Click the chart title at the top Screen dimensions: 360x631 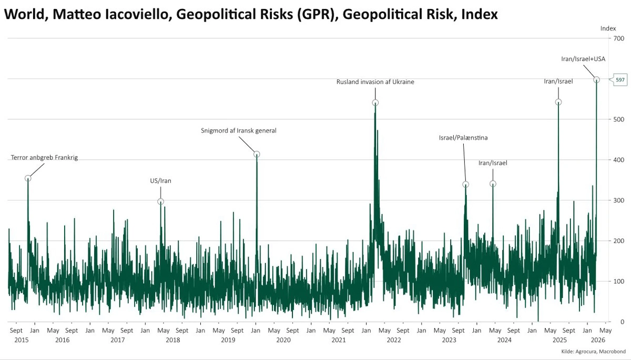[x=250, y=15]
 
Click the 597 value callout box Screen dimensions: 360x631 [x=620, y=79]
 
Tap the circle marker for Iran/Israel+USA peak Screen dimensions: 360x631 [x=597, y=80]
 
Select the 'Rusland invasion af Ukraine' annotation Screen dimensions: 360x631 [x=375, y=81]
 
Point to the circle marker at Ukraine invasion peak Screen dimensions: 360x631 [x=375, y=102]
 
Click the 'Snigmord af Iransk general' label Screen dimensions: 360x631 [x=239, y=130]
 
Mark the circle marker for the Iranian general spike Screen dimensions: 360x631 [x=257, y=154]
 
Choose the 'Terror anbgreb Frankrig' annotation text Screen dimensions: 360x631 [x=44, y=157]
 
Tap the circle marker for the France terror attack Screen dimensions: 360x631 [x=28, y=178]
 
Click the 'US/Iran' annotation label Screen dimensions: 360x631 [x=161, y=181]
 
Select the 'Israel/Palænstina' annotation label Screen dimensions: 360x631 [x=463, y=138]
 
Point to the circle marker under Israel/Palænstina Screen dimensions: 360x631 [x=465, y=184]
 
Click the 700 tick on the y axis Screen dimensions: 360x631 [x=618, y=38]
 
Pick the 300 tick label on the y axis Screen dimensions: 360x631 [x=618, y=200]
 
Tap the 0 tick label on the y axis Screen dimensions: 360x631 [x=615, y=322]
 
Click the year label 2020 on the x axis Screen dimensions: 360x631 [x=283, y=340]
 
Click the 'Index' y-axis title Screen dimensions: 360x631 [x=608, y=28]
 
